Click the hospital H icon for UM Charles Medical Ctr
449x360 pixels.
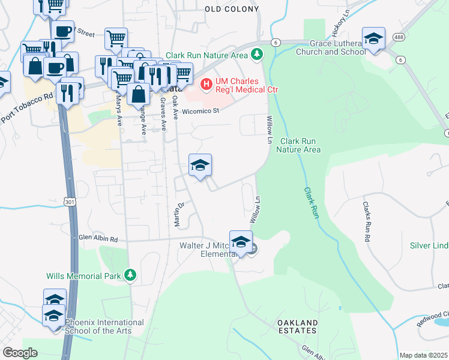click(206, 83)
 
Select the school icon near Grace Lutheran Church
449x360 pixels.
click(373, 39)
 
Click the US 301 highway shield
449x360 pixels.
click(71, 199)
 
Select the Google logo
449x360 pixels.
click(20, 352)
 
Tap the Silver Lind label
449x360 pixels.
click(429, 245)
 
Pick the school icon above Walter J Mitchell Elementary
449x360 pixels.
click(241, 242)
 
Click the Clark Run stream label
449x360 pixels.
click(310, 202)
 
